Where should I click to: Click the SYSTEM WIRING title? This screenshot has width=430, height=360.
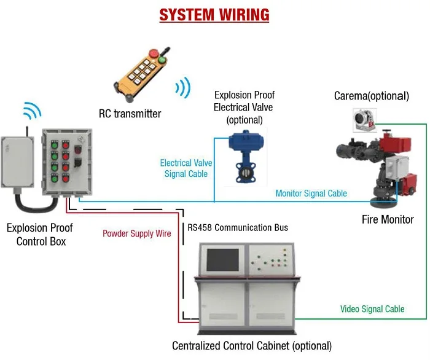coord(214,14)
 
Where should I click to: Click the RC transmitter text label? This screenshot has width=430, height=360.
coord(130,114)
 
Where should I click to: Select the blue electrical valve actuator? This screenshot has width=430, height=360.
coord(244,143)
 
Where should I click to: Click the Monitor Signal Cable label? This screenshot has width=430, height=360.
coord(311,194)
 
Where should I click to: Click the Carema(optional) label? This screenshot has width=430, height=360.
coord(371,96)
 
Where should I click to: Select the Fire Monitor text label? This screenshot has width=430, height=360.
coord(387,219)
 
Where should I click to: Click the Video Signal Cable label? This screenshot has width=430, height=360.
coord(372,308)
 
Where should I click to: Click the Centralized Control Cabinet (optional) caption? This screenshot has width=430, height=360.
coord(252,346)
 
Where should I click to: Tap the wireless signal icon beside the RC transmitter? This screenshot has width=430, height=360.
coord(182,87)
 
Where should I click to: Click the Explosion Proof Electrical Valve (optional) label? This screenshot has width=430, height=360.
coord(244,108)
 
